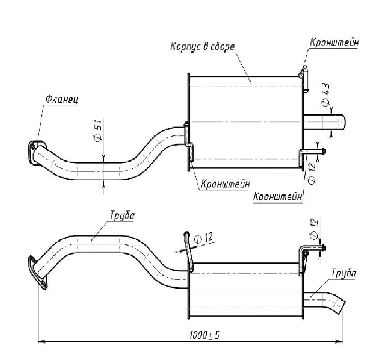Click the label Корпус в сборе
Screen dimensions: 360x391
202,46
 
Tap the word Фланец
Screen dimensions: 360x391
61,99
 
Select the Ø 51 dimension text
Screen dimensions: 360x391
97,130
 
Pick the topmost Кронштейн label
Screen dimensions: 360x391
334,42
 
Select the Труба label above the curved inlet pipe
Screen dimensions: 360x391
121,216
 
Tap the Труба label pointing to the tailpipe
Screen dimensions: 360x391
343,273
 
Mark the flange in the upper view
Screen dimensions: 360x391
35,151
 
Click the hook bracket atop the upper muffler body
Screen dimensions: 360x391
304,77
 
